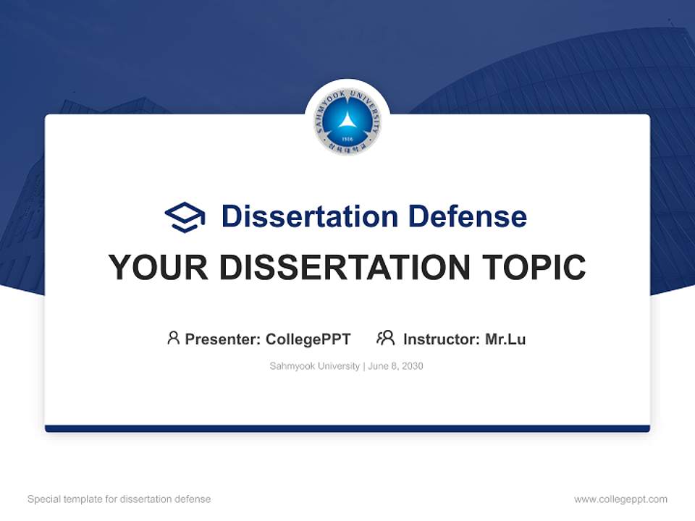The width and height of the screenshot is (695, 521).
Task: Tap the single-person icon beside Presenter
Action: pyautogui.click(x=173, y=338)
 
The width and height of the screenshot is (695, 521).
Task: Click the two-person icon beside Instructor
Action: pyautogui.click(x=386, y=338)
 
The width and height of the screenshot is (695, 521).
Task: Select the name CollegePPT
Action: pyautogui.click(x=308, y=339)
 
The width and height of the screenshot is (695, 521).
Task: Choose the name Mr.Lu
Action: pyautogui.click(x=505, y=339)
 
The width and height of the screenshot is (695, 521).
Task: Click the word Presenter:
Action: pyautogui.click(x=223, y=339)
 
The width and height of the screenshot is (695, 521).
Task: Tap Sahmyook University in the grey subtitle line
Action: pyautogui.click(x=314, y=366)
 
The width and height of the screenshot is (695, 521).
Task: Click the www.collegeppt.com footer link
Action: pyautogui.click(x=620, y=499)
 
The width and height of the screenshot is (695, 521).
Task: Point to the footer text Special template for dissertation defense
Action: pyautogui.click(x=119, y=499)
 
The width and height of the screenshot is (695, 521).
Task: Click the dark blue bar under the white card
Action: pyautogui.click(x=347, y=428)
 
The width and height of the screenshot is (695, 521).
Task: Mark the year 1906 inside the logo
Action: pyautogui.click(x=347, y=137)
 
